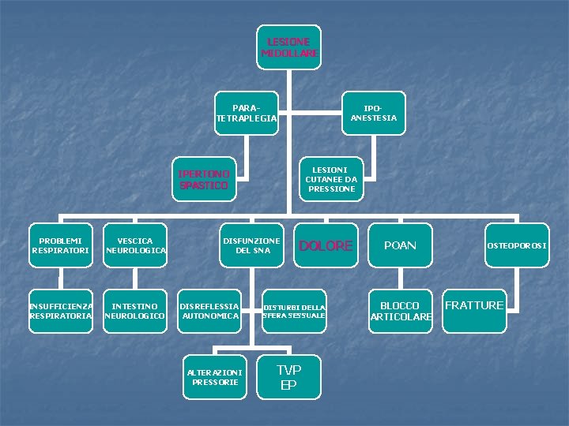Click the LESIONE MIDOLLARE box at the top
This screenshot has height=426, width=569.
coord(289,47)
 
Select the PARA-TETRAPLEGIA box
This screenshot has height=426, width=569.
coord(246,113)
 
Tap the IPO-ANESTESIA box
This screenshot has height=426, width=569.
coord(373,113)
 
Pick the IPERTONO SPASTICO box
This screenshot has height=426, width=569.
coord(204,179)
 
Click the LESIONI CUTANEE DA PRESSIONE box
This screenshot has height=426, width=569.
coord(332,179)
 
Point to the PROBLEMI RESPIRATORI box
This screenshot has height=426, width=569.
coord(61,245)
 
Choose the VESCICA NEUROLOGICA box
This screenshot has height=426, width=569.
coord(135,245)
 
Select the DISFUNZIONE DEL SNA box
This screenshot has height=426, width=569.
coord(251,245)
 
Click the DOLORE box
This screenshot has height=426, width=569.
coord(326,245)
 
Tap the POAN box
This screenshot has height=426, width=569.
coord(400,245)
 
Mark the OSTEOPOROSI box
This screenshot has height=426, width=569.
coord(517,245)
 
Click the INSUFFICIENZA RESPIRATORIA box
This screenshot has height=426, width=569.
coord(61,311)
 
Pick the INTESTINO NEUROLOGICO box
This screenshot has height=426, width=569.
coord(135,311)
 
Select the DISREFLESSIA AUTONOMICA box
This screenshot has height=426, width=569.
coord(209,311)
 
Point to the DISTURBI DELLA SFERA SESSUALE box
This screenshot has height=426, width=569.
coord(294,311)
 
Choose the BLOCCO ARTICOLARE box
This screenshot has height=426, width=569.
coord(401,311)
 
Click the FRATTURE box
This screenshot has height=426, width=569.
coord(474,305)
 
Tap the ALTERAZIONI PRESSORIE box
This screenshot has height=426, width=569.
coord(215,376)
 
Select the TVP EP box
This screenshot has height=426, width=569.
coord(289,376)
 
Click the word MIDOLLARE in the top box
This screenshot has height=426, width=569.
coord(289,54)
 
